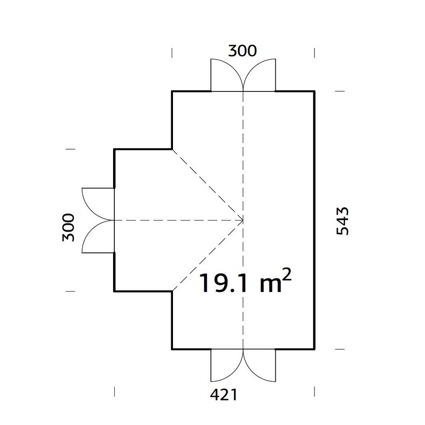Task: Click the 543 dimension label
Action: (342, 221)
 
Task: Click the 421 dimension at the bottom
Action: (223, 395)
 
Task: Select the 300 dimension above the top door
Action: (243, 51)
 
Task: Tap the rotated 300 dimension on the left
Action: (68, 227)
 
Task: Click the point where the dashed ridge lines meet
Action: (243, 220)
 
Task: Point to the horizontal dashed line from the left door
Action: (178, 220)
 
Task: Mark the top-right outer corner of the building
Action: (314, 91)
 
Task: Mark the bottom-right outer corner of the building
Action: (314, 349)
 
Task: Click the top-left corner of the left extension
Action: (114, 149)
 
